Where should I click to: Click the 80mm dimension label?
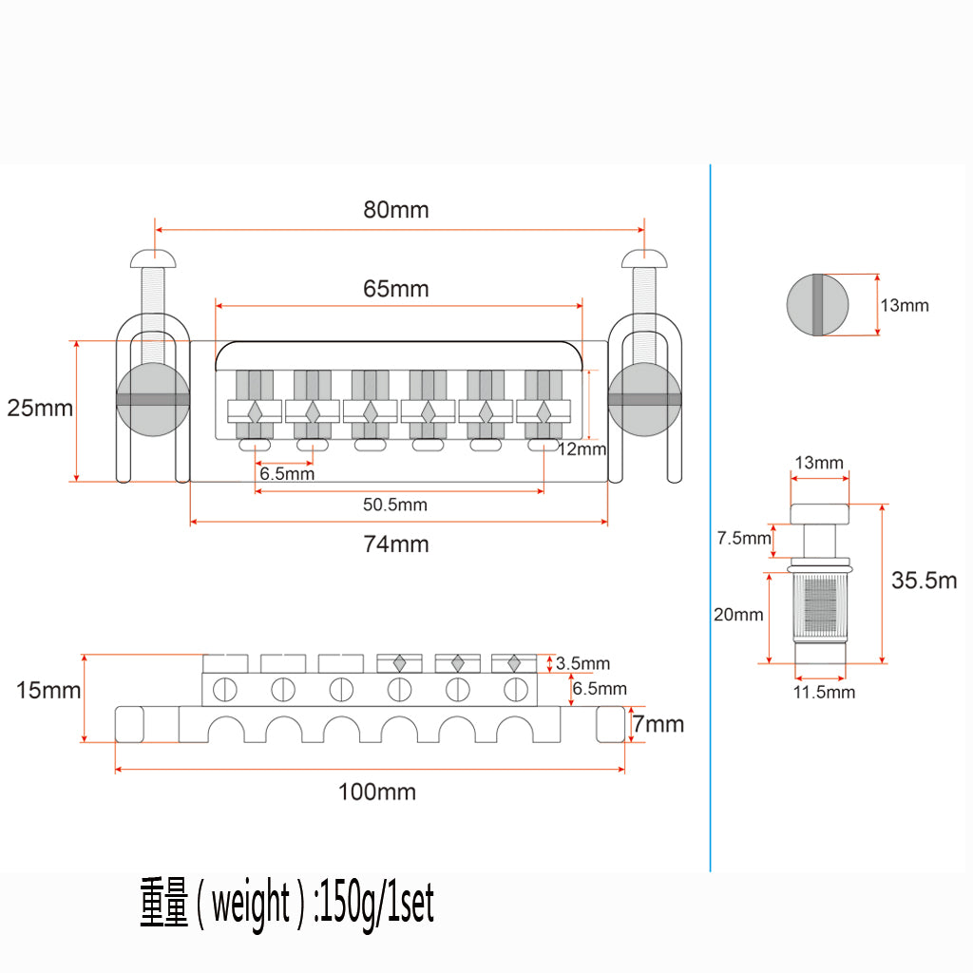tap(395, 210)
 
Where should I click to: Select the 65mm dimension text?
tap(395, 288)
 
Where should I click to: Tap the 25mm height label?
tap(40, 409)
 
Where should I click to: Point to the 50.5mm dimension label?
tap(395, 505)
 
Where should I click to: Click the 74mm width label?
tap(396, 544)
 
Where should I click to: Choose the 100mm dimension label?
tap(377, 792)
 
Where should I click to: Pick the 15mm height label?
tap(48, 690)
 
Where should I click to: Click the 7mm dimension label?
tap(658, 725)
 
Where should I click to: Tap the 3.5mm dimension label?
tap(583, 664)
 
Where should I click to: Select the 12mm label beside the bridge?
tap(582, 448)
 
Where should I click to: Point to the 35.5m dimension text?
tap(924, 581)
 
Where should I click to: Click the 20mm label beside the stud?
tap(738, 615)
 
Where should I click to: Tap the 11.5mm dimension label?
tap(824, 692)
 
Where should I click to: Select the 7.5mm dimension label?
tap(744, 539)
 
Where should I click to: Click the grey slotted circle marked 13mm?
tap(815, 305)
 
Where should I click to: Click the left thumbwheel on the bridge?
tap(152, 399)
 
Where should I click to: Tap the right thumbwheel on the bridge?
tap(645, 399)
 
